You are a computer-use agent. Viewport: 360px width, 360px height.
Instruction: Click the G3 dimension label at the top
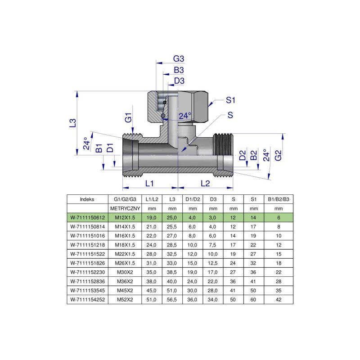point(179,59)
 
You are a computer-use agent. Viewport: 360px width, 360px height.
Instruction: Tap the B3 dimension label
point(179,70)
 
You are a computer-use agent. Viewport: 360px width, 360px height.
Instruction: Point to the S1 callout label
point(231,99)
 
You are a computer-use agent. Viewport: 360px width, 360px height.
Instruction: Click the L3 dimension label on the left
point(72,123)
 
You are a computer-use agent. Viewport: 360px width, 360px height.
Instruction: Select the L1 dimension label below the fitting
point(150,183)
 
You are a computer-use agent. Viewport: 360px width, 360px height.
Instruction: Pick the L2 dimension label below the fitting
point(205,183)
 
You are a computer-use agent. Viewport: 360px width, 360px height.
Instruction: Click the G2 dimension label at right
point(279,155)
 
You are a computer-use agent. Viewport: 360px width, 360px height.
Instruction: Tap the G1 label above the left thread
point(128,118)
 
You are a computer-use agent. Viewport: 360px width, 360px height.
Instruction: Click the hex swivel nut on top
point(179,107)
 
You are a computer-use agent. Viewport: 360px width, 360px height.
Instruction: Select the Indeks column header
point(87,199)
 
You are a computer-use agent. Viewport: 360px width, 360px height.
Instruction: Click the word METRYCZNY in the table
point(126,209)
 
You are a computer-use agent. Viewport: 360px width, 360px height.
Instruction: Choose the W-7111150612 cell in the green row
point(87,218)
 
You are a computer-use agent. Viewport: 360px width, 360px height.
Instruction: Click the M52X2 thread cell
point(126,299)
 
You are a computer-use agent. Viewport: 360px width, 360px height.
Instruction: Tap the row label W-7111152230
point(87,272)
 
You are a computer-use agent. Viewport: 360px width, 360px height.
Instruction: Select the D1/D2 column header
point(192,199)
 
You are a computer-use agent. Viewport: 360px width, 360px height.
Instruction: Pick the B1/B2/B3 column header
point(279,199)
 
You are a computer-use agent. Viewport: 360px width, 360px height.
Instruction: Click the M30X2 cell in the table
point(126,272)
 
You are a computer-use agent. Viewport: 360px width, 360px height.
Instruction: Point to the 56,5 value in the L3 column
point(172,299)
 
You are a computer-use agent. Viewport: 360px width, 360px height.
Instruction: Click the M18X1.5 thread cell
point(126,245)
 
